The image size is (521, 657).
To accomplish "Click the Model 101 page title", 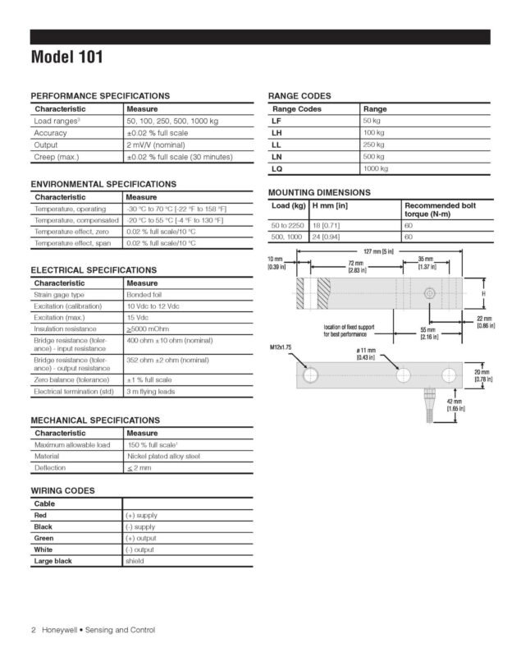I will [68, 58].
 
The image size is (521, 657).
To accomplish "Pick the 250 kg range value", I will [375, 145].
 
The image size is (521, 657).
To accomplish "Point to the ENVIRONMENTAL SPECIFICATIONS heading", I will [103, 184].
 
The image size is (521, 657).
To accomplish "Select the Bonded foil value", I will [145, 294].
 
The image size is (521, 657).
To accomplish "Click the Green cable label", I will [45, 538].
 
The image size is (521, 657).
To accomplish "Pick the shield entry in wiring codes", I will [135, 562].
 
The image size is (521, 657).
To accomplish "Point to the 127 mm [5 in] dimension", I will [378, 250].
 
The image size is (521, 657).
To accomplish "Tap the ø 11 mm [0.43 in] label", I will [365, 354].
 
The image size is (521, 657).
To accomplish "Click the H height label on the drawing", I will [483, 293].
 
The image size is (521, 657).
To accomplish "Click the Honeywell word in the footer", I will [58, 630].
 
